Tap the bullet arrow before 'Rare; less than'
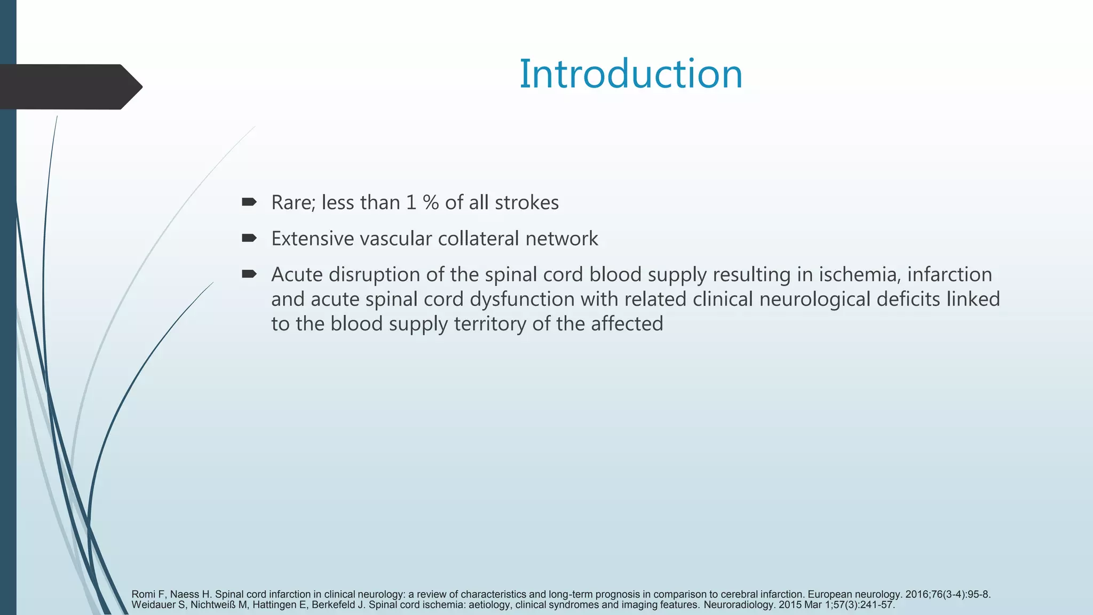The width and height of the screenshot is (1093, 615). click(249, 202)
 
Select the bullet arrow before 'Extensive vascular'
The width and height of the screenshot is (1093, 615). click(249, 238)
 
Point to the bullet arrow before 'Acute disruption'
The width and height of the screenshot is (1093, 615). click(249, 274)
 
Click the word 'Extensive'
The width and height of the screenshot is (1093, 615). click(313, 239)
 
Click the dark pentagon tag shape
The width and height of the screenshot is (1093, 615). click(69, 87)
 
